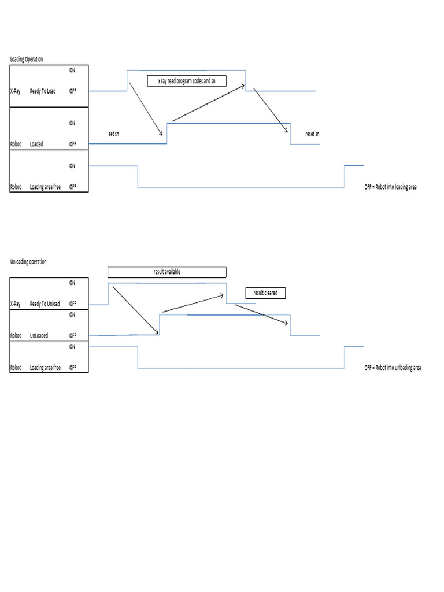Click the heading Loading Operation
click(x=27, y=60)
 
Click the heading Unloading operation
click(x=28, y=262)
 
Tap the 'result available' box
click(x=166, y=272)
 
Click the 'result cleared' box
click(x=265, y=293)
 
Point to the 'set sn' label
click(x=114, y=134)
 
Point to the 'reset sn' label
click(x=312, y=134)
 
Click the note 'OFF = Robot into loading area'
click(x=390, y=187)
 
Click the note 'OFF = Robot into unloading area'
click(x=393, y=368)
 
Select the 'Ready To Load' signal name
click(x=43, y=91)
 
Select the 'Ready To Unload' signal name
click(x=45, y=304)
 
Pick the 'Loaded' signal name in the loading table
click(x=36, y=144)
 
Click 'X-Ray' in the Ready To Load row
click(x=17, y=91)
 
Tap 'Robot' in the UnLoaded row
click(x=16, y=335)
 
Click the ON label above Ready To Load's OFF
click(x=72, y=70)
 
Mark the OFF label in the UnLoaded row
click(x=73, y=335)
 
